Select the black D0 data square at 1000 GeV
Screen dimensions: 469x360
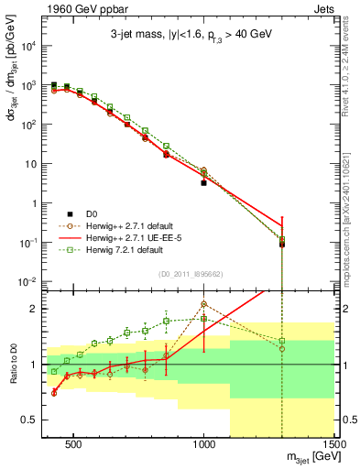[x=203, y=183]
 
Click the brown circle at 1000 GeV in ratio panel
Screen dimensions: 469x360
[x=203, y=304]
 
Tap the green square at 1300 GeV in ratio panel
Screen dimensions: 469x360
[x=282, y=341]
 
